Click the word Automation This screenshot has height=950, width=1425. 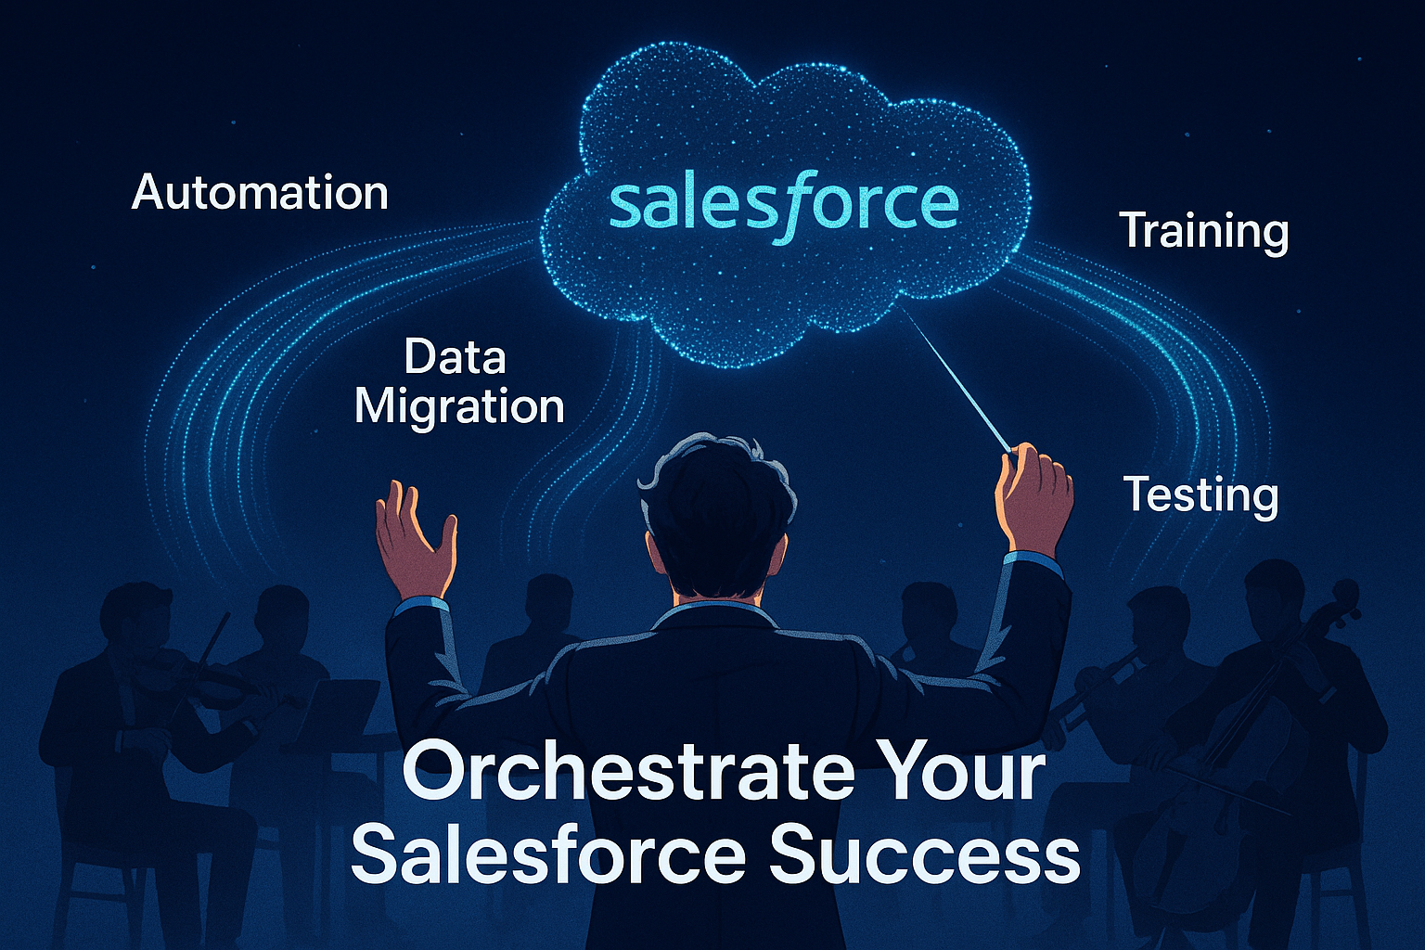pyautogui.click(x=260, y=193)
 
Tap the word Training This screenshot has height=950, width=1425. pyautogui.click(x=1203, y=232)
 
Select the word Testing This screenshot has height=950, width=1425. pyautogui.click(x=1200, y=495)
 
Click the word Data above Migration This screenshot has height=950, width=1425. pyautogui.click(x=455, y=357)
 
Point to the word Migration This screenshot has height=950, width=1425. pyautogui.click(x=459, y=406)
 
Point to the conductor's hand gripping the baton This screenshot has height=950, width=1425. pyautogui.click(x=1034, y=496)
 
